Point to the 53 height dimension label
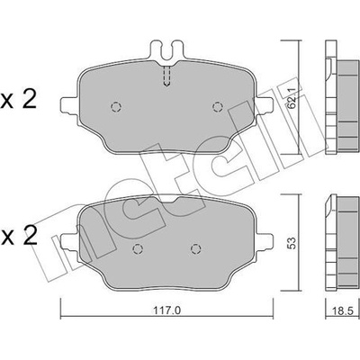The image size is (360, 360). coord(291,243)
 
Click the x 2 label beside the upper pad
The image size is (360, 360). coord(19,100)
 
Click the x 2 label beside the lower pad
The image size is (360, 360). coord(19,236)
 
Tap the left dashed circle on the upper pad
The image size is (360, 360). coord(116,107)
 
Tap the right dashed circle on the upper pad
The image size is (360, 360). coord(217,107)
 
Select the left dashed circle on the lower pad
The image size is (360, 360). coord(138,248)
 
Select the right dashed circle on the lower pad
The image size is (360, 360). coord(196,248)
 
